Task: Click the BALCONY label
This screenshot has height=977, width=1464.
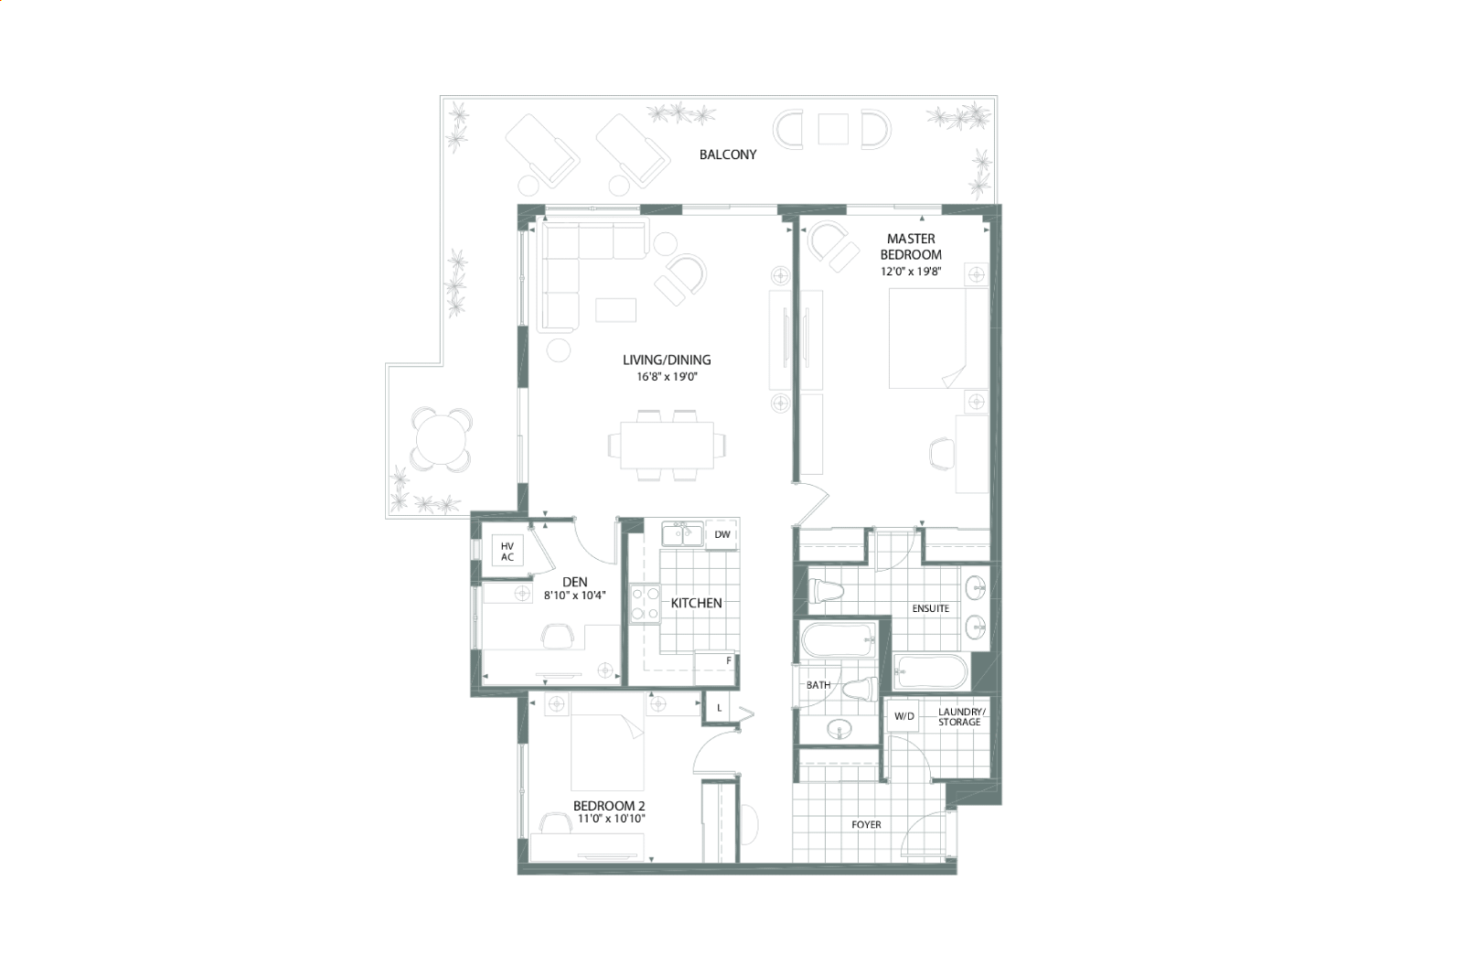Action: point(727,155)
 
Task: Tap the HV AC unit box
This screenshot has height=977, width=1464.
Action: point(508,552)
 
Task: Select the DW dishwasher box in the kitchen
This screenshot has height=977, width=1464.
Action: point(722,534)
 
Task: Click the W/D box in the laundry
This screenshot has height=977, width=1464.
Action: point(903,716)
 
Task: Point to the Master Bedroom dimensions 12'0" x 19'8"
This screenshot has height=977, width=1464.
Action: point(911,272)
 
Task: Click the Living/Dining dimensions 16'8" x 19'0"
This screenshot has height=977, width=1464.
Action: point(667,377)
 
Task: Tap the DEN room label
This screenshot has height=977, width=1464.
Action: point(574,582)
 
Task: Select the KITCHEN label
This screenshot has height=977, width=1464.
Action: point(696,603)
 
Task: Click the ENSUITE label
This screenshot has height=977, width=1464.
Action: point(931,609)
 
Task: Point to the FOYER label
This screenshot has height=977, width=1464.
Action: point(866,825)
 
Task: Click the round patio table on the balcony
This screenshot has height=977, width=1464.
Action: point(441,439)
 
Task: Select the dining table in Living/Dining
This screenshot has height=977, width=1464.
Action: point(667,445)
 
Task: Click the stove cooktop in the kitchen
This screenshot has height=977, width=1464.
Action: point(645,604)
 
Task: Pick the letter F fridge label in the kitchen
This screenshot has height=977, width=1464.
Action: point(729,661)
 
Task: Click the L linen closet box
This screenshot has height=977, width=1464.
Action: point(719,708)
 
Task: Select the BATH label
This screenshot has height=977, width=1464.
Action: point(818,685)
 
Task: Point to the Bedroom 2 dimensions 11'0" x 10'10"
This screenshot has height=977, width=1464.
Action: point(611,819)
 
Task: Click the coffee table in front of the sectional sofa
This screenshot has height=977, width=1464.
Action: point(615,310)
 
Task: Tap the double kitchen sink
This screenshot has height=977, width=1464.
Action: point(682,533)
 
